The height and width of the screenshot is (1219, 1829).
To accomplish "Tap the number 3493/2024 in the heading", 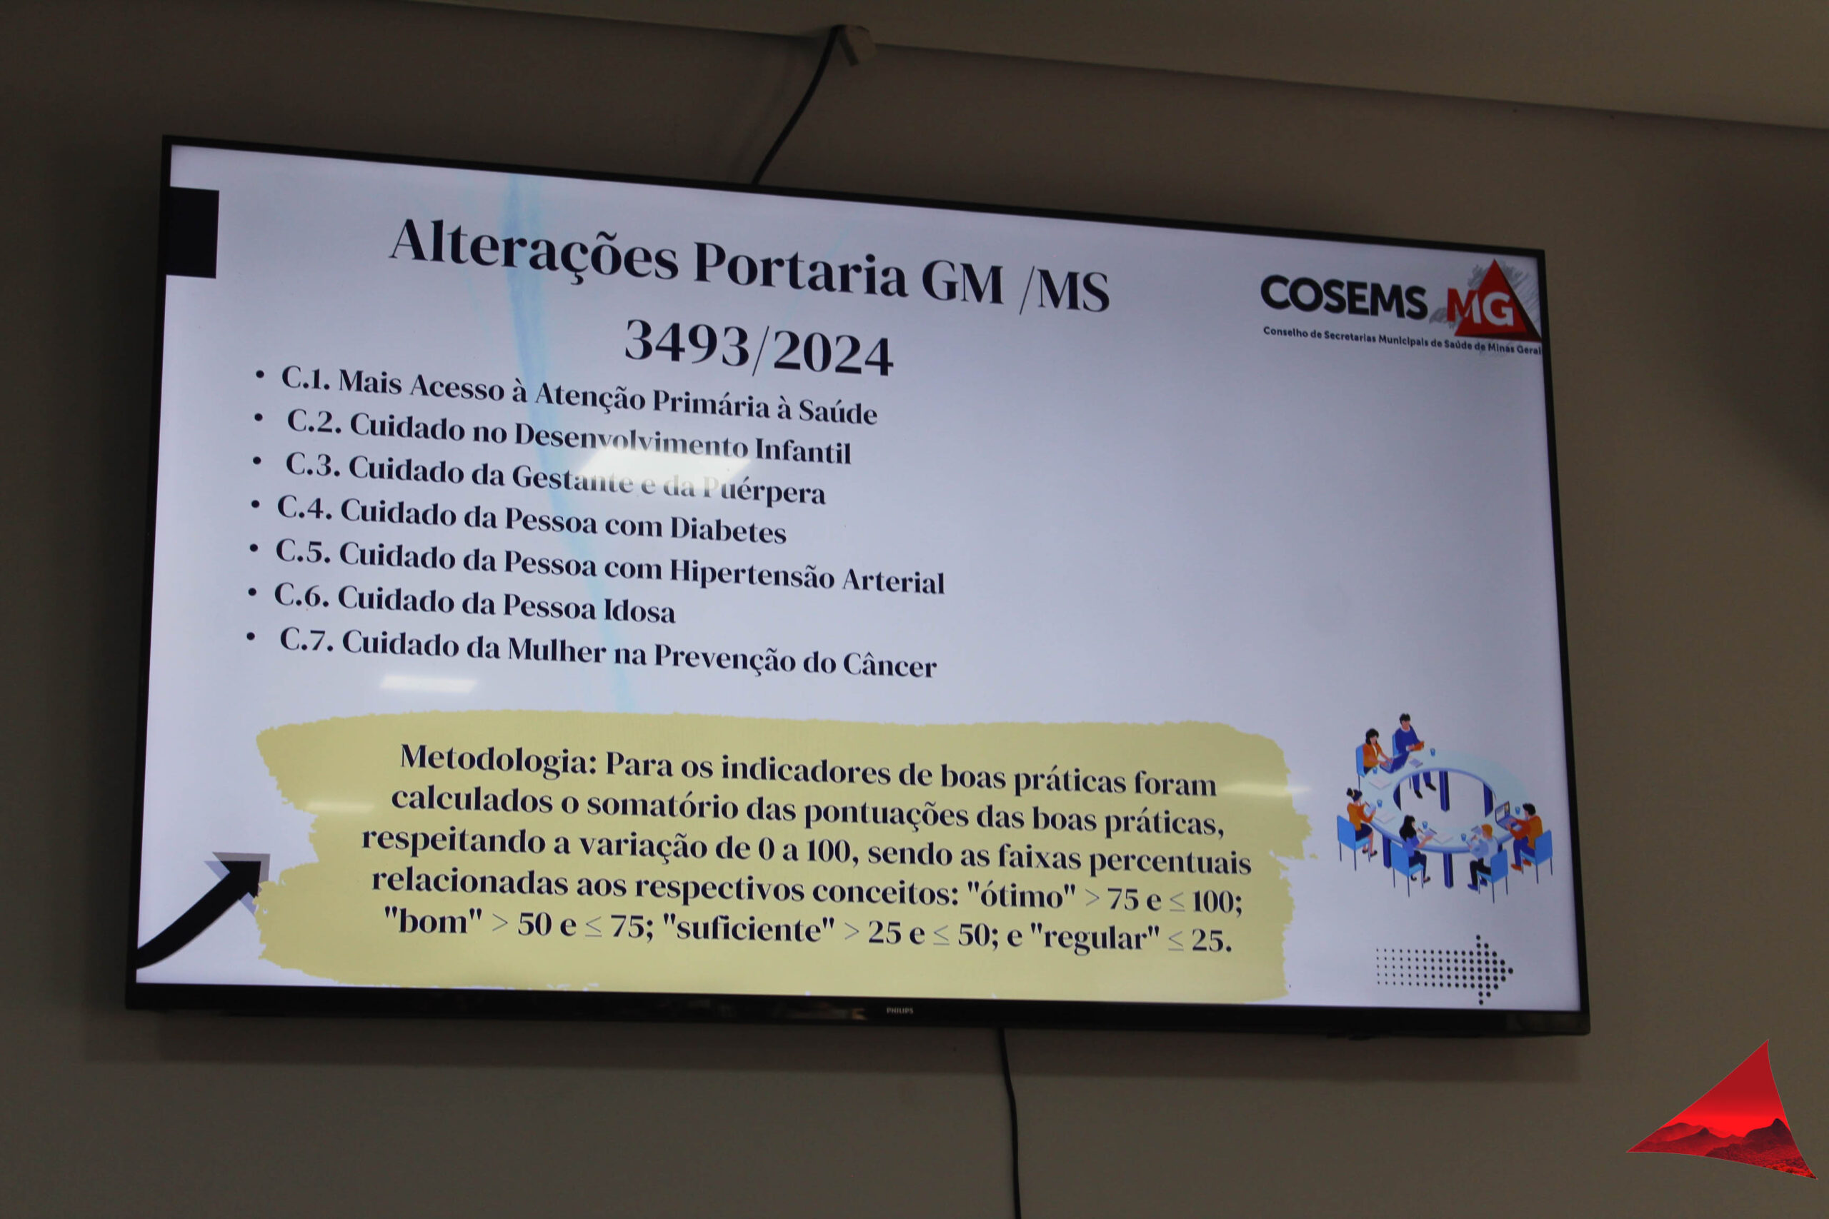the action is [x=759, y=348].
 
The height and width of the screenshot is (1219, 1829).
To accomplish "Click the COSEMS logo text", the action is [x=1343, y=297].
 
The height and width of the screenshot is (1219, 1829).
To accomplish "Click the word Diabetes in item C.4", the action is [x=728, y=530].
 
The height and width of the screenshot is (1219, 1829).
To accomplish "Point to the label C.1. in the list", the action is [x=305, y=378].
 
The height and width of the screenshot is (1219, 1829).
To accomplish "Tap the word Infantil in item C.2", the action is [x=802, y=450].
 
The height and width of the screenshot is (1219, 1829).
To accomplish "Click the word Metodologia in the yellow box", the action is [x=499, y=759].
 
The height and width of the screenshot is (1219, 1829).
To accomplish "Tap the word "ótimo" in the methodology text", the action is [x=1021, y=896].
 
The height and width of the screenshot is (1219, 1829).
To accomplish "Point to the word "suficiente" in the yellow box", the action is [x=747, y=929].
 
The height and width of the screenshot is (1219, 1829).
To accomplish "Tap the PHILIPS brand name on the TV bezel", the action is [x=899, y=1010].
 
